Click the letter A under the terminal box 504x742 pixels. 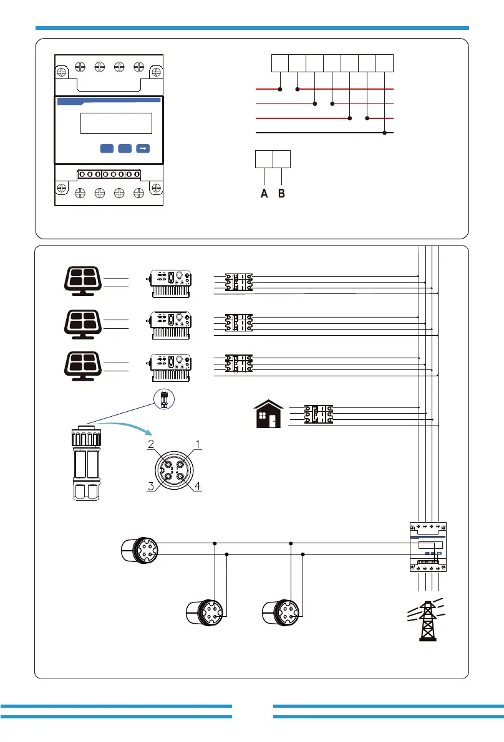(264, 193)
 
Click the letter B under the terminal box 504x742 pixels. (281, 193)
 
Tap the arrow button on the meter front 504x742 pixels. (143, 149)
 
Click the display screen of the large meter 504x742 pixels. (116, 123)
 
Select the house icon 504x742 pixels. (269, 414)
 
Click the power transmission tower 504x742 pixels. (427, 620)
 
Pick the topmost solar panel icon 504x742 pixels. (83, 281)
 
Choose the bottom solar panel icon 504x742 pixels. (83, 366)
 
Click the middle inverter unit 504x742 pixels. (170, 325)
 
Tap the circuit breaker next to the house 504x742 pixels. (318, 414)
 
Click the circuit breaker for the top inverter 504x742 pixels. (239, 282)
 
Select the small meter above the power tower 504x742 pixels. (428, 547)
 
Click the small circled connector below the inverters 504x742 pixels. (165, 399)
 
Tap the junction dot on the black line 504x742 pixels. (385, 133)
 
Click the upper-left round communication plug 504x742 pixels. (140, 550)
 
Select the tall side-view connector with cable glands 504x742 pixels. (86, 464)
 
